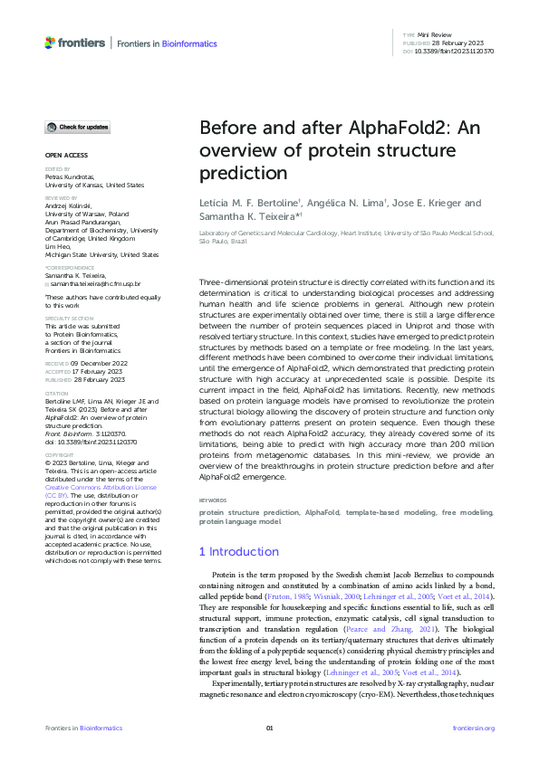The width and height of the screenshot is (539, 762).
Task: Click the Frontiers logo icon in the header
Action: (x=51, y=43)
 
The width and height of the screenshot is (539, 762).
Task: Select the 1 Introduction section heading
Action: (x=239, y=551)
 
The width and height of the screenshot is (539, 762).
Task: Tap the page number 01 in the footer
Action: (x=269, y=729)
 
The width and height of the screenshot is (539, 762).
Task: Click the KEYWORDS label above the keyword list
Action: (x=213, y=500)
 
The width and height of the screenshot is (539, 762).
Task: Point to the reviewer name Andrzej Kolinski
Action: (x=70, y=203)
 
